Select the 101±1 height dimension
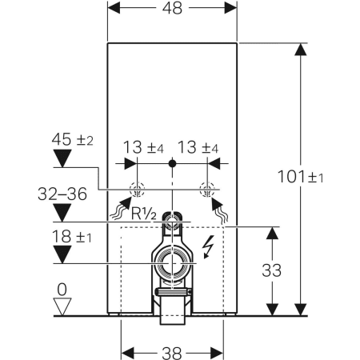(x=329, y=176)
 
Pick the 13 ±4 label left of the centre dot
(x=146, y=147)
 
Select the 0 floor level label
(x=61, y=288)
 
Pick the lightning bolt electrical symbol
(x=209, y=247)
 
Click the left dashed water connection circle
(x=137, y=190)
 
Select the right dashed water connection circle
(x=207, y=190)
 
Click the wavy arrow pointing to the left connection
(x=120, y=209)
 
